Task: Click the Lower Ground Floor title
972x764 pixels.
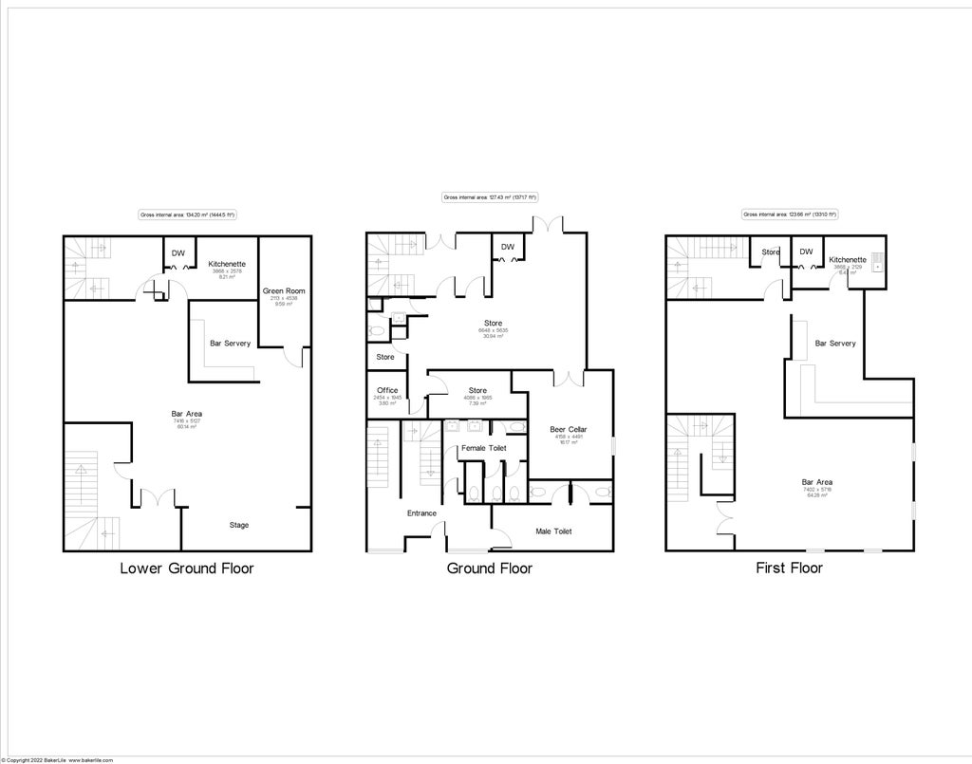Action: point(186,568)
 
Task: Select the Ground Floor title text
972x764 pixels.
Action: point(489,568)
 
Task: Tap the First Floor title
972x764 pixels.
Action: point(788,568)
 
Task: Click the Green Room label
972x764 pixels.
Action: point(282,290)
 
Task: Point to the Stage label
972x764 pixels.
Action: point(239,525)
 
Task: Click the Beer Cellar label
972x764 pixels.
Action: point(569,430)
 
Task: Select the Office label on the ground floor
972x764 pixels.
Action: point(386,390)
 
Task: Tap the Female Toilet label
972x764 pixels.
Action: point(483,448)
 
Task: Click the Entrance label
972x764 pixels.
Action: point(421,513)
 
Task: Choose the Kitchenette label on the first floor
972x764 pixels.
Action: point(846,259)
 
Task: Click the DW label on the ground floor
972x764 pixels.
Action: point(508,247)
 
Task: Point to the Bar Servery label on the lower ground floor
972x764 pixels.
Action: point(231,343)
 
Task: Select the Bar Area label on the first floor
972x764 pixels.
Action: point(817,482)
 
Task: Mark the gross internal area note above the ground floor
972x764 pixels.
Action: point(489,197)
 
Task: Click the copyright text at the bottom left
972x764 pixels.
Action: point(57,760)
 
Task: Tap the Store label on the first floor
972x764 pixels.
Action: point(771,252)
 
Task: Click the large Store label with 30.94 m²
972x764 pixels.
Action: point(492,324)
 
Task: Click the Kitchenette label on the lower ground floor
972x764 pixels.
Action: point(227,264)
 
